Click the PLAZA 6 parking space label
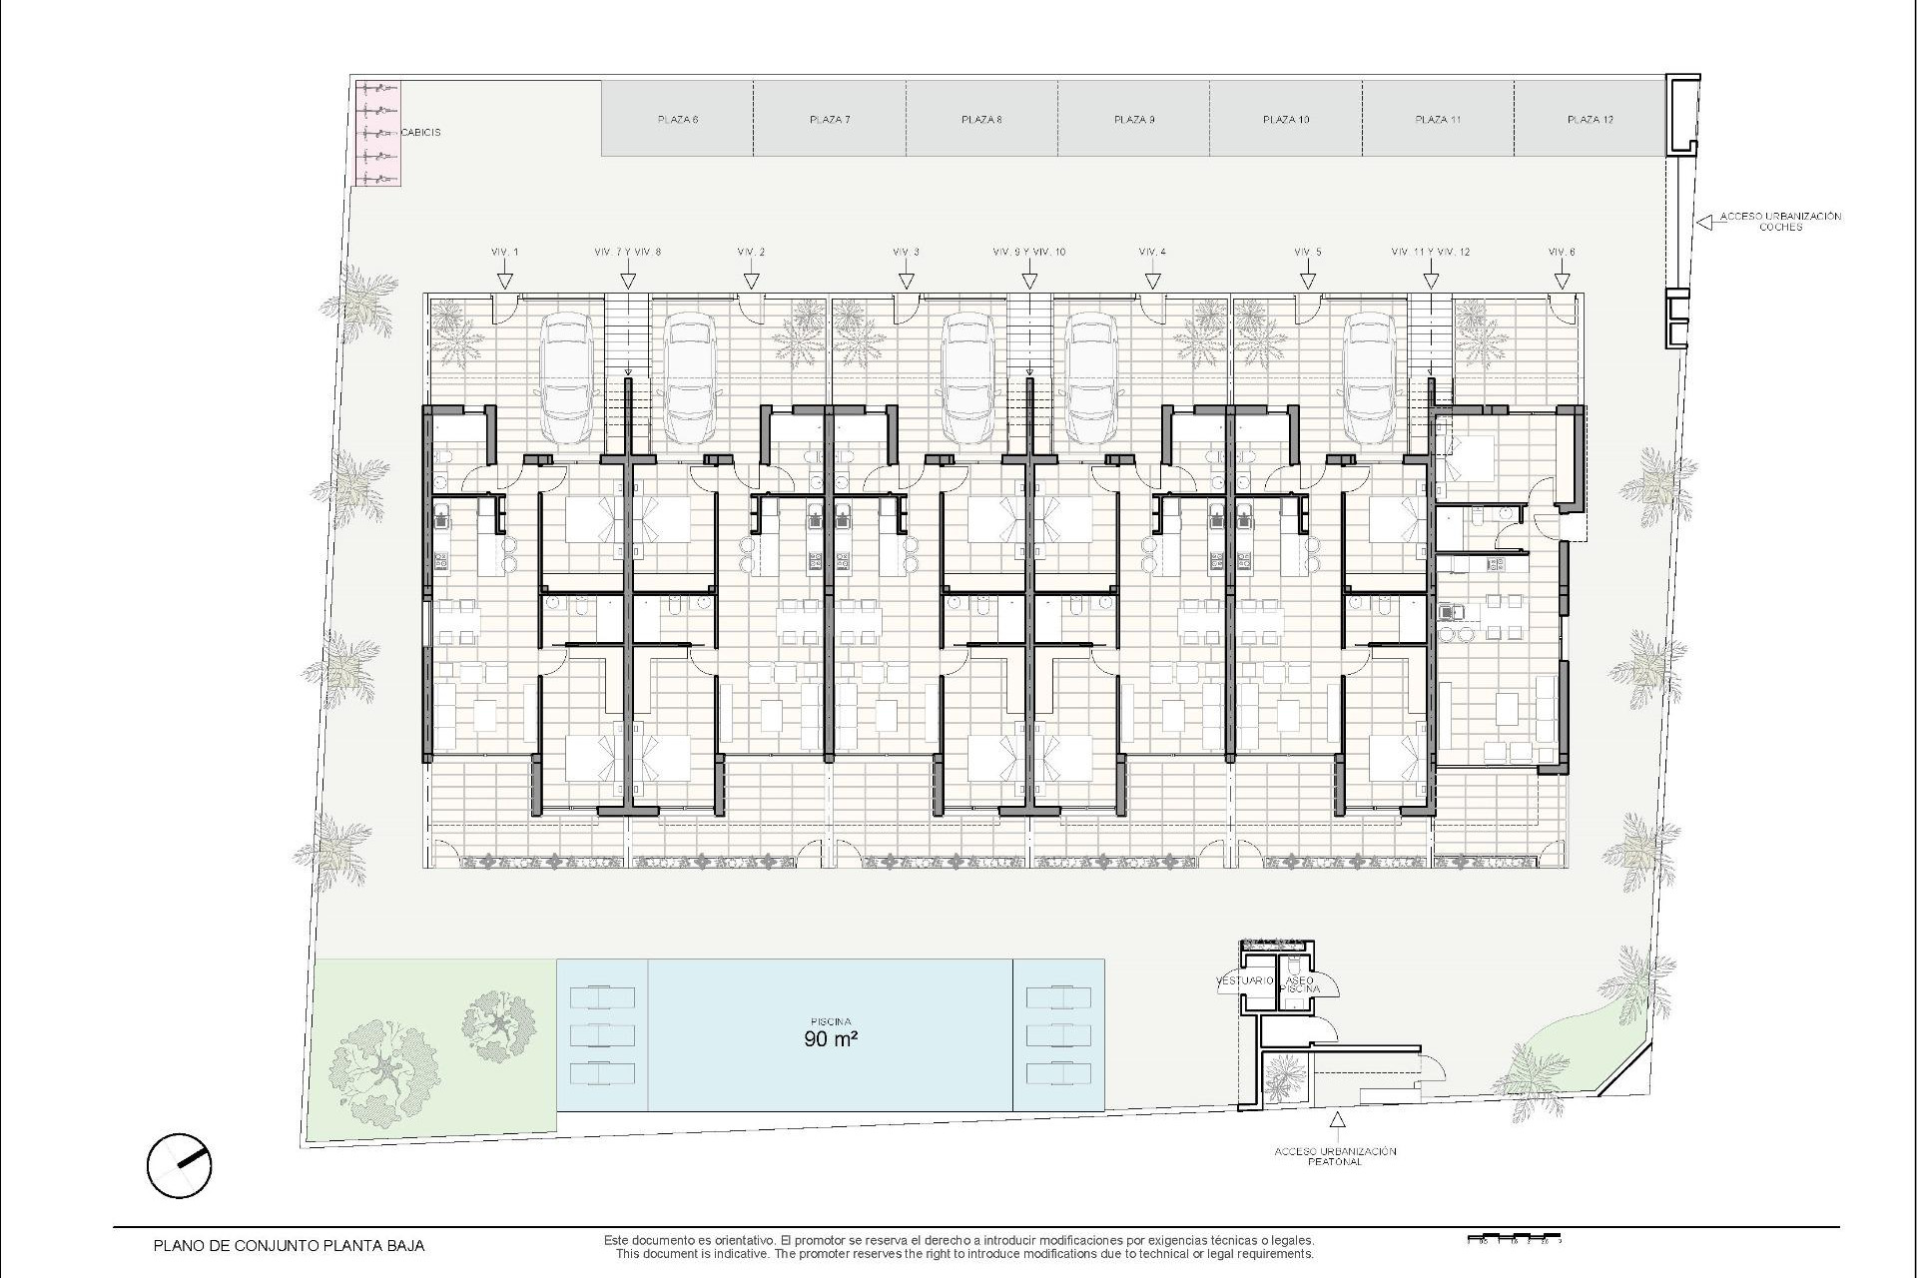point(678,120)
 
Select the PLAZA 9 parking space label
point(1134,120)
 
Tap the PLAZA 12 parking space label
point(1591,120)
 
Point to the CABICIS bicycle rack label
point(420,132)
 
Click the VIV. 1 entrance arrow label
point(505,253)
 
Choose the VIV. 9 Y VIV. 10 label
point(1029,253)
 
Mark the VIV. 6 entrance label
point(1562,253)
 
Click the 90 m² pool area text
point(831,1038)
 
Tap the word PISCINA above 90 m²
point(831,1021)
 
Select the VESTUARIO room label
point(1244,981)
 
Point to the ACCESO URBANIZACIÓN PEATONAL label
point(1335,1156)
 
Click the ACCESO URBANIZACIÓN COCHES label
point(1780,222)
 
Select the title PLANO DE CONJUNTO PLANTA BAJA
point(289,1246)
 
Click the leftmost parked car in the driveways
point(566,379)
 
